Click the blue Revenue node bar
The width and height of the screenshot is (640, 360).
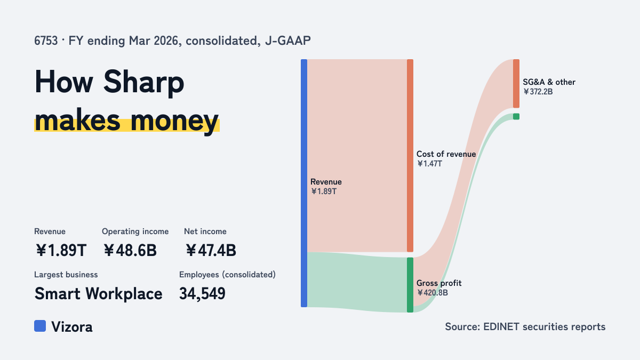304,183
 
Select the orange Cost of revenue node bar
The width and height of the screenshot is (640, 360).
410,155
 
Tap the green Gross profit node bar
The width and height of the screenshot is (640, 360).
410,285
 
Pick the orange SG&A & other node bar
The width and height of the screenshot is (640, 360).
516,83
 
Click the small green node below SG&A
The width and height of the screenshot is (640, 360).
516,116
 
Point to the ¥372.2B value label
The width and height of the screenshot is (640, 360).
538,92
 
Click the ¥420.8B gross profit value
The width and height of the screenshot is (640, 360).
433,293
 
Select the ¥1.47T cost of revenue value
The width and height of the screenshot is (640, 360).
429,164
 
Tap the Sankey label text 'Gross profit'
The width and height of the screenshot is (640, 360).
439,283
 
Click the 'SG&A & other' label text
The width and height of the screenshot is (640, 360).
549,82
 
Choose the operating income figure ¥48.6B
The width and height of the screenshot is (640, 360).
130,250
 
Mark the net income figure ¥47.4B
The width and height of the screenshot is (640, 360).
211,250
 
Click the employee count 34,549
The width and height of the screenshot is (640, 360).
202,293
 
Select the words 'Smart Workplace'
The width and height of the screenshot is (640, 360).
98,293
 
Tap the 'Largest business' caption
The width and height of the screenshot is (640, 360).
66,275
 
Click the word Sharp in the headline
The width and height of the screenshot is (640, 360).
143,82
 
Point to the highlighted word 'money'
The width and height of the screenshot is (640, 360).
174,121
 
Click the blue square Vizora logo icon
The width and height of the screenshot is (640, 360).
40,326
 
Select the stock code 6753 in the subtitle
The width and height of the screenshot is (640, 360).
46,41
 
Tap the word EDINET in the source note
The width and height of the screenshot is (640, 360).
501,326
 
